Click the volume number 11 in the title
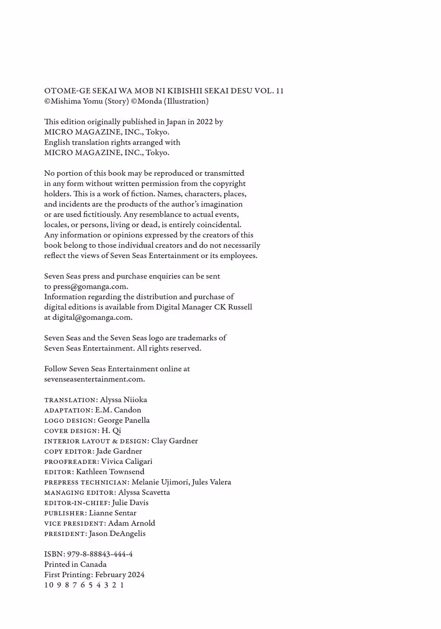(x=279, y=91)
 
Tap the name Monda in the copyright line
(x=150, y=101)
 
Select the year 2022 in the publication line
(x=204, y=122)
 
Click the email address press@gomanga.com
(x=90, y=287)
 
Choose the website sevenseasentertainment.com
(x=94, y=379)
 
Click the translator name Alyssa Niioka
(x=123, y=400)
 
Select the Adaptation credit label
(x=68, y=410)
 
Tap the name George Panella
(x=124, y=420)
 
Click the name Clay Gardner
(x=174, y=441)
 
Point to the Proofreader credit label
(x=71, y=462)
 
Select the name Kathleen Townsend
(x=110, y=472)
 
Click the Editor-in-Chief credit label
(x=76, y=503)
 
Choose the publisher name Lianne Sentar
(x=113, y=513)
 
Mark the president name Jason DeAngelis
(x=117, y=533)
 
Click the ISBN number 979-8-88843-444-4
(x=100, y=554)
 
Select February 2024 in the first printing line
(x=120, y=575)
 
